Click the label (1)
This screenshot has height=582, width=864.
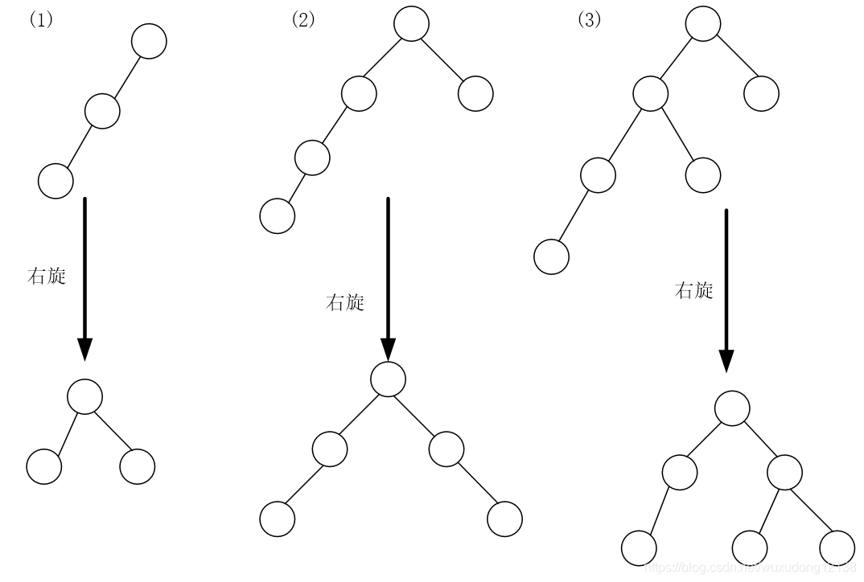pos(41,20)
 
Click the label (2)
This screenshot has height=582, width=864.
pos(303,20)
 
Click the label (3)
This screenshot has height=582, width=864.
pos(590,20)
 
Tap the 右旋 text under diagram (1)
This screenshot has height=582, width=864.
pos(47,277)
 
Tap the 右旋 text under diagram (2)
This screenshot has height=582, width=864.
pos(345,303)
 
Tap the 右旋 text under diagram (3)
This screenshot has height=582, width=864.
pos(694,291)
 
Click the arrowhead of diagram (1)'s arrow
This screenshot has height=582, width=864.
pos(84,349)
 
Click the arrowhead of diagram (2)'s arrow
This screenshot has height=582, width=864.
pos(388,349)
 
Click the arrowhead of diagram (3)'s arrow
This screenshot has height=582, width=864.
pos(726,361)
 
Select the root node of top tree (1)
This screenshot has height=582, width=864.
pos(149,41)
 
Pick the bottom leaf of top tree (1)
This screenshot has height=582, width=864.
pos(56,180)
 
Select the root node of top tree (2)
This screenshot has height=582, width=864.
pos(412,24)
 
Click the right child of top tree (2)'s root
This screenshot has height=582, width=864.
pos(475,93)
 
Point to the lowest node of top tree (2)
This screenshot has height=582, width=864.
pos(278,216)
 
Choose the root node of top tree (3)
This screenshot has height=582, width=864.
pos(703,24)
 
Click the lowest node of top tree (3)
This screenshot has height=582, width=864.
pos(552,257)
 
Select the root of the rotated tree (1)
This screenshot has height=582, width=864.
pos(84,396)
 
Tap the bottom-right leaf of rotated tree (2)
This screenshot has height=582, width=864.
pos(504,518)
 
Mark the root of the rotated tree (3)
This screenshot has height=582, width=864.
pos(732,409)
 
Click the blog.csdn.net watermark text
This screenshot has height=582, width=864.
pos(751,567)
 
